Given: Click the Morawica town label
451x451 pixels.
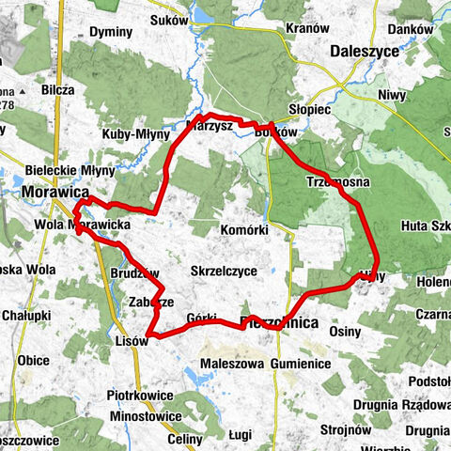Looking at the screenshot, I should coord(46,192).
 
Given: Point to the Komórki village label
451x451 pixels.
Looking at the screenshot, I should coord(244,229).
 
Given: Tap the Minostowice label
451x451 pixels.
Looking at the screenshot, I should coord(144,415).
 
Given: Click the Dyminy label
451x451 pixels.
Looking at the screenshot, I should coord(111,32).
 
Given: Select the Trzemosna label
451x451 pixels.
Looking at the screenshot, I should coord(337,180).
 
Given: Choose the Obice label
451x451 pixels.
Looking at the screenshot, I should coord(34,362).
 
